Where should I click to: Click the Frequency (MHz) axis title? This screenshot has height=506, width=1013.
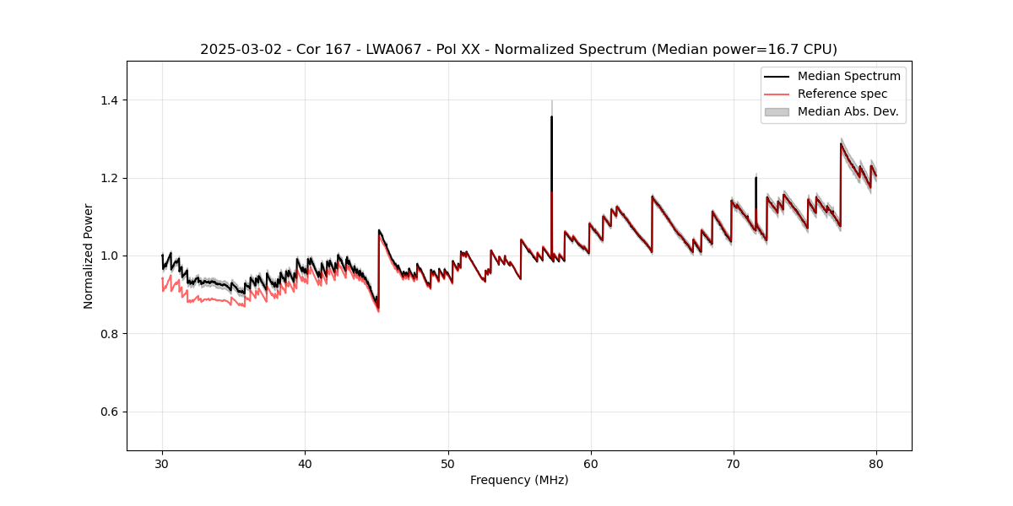[519, 480]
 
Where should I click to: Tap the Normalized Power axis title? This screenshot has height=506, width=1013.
[89, 256]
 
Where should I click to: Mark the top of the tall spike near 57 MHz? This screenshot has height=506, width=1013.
[551, 117]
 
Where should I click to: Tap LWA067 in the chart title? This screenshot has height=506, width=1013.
[393, 50]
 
